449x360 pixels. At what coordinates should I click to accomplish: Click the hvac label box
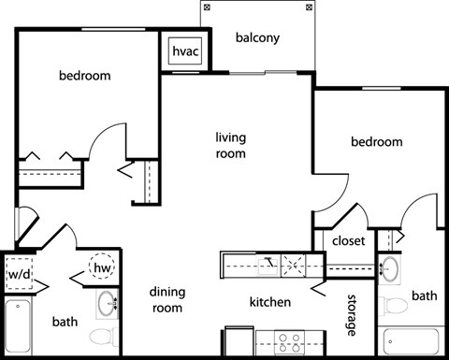182,51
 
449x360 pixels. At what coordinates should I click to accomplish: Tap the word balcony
258,39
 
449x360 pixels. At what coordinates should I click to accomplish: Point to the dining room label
167,299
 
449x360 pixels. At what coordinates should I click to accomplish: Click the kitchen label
269,302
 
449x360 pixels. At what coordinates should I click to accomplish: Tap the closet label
348,240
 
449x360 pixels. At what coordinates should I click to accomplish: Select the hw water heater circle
101,267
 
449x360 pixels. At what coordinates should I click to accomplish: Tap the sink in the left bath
109,303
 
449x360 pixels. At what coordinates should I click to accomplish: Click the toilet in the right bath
395,305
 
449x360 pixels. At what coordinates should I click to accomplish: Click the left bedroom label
84,76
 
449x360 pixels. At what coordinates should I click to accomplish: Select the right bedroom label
376,142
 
